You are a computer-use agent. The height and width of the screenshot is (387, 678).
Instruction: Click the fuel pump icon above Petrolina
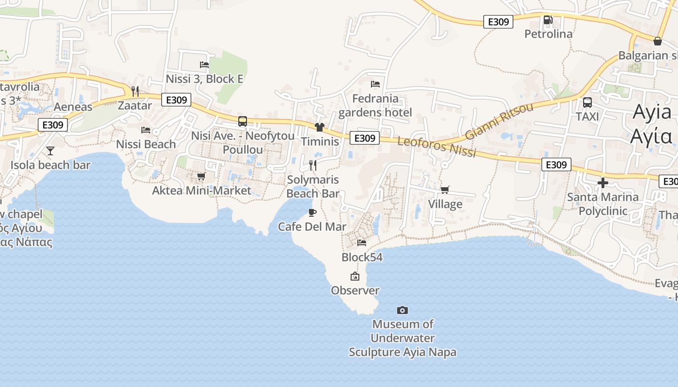tap(548, 20)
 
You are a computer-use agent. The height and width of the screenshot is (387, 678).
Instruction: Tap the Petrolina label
tap(549, 34)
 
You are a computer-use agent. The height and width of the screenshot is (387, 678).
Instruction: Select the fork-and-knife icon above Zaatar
tap(135, 91)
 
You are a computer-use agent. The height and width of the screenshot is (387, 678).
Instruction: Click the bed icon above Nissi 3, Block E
tap(204, 64)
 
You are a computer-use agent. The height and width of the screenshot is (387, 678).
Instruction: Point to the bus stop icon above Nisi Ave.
tap(243, 121)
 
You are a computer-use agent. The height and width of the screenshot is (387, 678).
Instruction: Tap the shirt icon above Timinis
tap(319, 127)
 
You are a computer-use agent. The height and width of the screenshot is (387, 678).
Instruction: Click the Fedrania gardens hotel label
tap(375, 105)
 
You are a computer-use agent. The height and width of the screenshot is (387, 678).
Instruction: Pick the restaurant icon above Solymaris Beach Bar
tap(313, 165)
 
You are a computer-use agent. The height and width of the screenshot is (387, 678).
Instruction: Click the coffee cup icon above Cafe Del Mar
tap(312, 212)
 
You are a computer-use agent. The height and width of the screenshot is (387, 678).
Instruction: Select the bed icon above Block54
tap(362, 242)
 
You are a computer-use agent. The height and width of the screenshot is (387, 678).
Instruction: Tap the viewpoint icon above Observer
tap(355, 276)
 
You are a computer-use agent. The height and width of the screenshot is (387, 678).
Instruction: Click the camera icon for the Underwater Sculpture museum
tap(402, 310)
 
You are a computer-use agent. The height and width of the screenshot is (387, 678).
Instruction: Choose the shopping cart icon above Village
tap(445, 190)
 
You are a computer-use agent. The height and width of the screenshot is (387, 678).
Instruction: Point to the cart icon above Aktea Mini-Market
tap(201, 176)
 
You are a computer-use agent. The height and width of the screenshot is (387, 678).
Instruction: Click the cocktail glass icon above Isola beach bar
tap(50, 151)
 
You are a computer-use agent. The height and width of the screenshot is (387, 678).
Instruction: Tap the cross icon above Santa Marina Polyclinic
tap(602, 183)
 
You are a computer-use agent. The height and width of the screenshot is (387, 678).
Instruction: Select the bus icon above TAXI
tap(587, 103)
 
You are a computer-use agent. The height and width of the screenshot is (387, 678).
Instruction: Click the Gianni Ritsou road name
tap(499, 120)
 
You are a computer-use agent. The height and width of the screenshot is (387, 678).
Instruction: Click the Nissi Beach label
tap(146, 144)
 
